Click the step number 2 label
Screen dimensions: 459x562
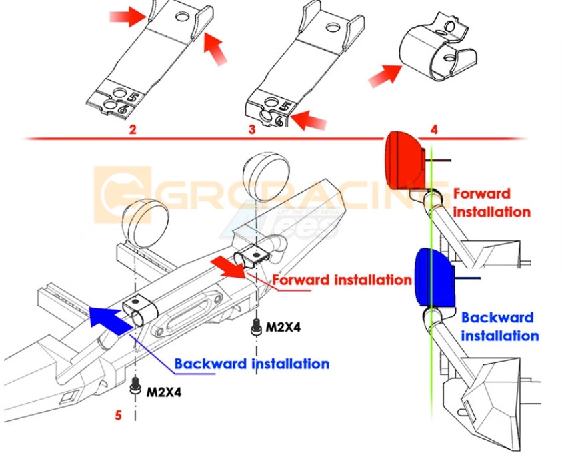pyautogui.click(x=133, y=129)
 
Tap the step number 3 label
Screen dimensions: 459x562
pyautogui.click(x=252, y=129)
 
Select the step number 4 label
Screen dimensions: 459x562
pyautogui.click(x=434, y=129)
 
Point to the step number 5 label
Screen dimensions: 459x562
pyautogui.click(x=118, y=415)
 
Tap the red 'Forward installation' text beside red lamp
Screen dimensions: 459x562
pyautogui.click(x=491, y=203)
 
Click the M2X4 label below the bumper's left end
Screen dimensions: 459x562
pyautogui.click(x=163, y=392)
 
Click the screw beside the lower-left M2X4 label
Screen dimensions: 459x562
pyautogui.click(x=135, y=388)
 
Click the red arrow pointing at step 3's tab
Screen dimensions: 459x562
pyautogui.click(x=309, y=121)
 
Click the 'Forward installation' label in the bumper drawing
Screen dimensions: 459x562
pyautogui.click(x=342, y=280)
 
